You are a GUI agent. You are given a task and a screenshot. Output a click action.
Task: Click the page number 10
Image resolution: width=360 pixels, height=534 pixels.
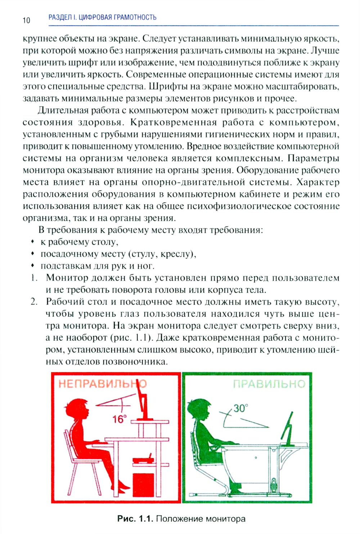tap(26, 20)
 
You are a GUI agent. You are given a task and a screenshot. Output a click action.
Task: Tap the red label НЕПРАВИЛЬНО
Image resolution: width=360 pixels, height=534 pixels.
tap(102, 384)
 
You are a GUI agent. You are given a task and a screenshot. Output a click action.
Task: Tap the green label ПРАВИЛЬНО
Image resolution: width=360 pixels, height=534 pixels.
tap(269, 384)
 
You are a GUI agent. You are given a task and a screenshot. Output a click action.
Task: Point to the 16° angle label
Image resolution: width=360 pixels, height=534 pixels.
tap(119, 419)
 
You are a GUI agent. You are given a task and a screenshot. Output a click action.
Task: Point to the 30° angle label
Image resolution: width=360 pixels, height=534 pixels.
tap(240, 408)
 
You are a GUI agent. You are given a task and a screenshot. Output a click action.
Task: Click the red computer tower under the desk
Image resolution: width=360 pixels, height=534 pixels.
tap(143, 486)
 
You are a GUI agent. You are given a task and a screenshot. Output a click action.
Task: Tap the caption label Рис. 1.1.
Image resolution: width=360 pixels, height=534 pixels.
tap(135, 519)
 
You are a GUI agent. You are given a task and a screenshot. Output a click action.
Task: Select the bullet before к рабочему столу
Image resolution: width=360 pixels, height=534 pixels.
tap(32, 242)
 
